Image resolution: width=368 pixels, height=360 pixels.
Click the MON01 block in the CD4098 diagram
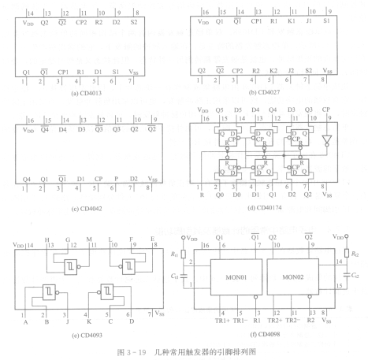click(x=236, y=277)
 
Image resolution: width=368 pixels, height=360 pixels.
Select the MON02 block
click(x=293, y=277)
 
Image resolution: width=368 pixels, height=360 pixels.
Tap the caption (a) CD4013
click(x=87, y=93)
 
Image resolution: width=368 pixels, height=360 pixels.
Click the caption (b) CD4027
click(x=264, y=92)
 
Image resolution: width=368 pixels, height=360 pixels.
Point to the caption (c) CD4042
click(x=87, y=209)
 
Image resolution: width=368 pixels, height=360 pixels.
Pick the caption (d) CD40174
click(x=265, y=208)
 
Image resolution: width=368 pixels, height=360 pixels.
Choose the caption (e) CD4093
click(x=87, y=336)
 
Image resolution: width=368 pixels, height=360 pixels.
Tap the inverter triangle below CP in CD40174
click(x=327, y=140)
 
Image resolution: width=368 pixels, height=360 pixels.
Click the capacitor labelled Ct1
click(x=184, y=276)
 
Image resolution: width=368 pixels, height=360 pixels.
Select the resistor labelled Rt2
click(x=347, y=254)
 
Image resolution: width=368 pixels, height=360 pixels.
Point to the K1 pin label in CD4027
click(x=292, y=20)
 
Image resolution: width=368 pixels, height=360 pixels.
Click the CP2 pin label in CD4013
click(x=81, y=22)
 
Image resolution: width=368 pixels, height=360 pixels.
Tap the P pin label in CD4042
click(x=116, y=179)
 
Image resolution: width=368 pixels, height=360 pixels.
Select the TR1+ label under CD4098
click(x=222, y=321)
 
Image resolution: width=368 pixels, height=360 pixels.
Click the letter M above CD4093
click(x=89, y=239)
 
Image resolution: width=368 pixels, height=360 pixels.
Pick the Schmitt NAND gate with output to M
click(x=72, y=267)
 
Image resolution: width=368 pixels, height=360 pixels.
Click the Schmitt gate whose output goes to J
click(x=50, y=292)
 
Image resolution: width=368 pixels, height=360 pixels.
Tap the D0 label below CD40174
click(x=236, y=195)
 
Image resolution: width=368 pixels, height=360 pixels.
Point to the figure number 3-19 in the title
click(x=136, y=352)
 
